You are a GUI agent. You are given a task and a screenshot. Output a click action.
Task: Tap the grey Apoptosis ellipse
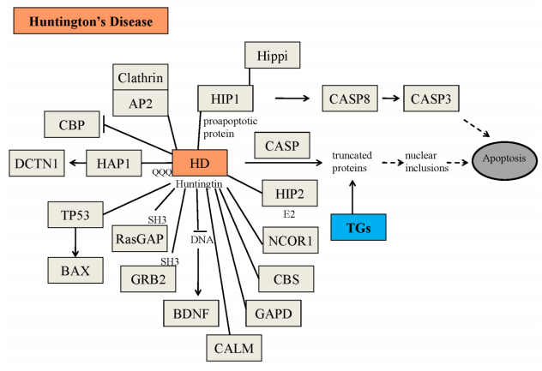pos(504,159)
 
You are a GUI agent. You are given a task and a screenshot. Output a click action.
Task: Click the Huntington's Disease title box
pos(89,22)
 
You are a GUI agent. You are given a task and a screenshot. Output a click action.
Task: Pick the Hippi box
pos(274,56)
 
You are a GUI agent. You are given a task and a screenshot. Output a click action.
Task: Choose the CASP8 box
pos(349,99)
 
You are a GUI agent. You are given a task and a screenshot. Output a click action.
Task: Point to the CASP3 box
pos(431,99)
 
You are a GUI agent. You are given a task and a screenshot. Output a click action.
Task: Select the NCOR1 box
pos(290,242)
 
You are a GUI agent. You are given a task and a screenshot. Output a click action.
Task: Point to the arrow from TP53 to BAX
pos(75,242)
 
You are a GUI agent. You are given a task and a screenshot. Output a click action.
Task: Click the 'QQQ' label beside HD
pos(162,171)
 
